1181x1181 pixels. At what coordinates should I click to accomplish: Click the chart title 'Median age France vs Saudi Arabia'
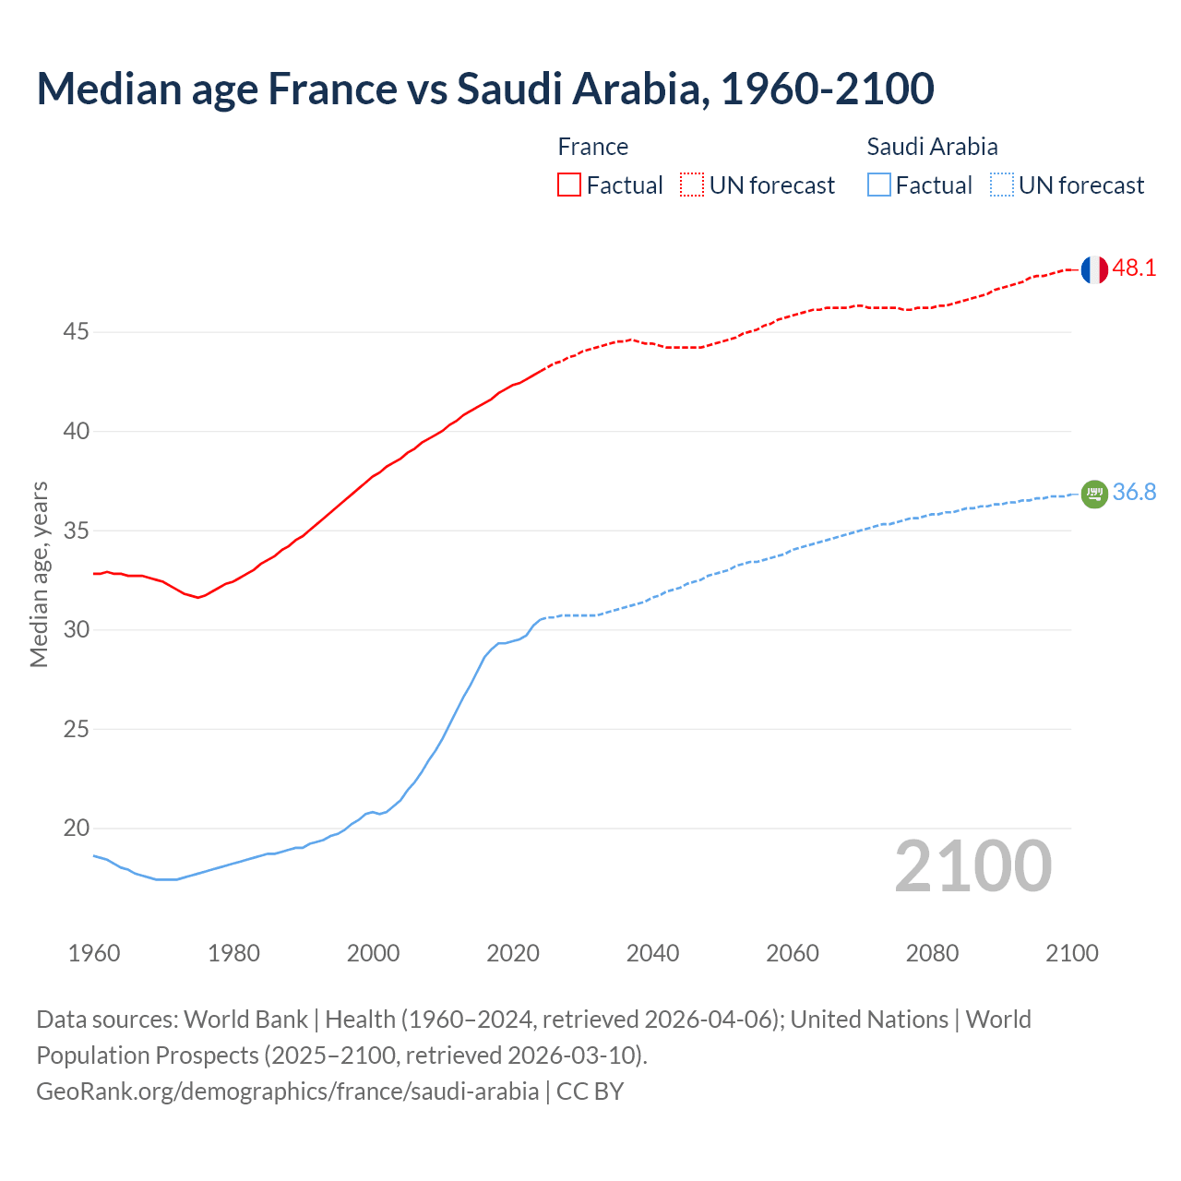(x=484, y=89)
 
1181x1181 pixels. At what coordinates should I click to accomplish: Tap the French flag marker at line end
(x=1093, y=269)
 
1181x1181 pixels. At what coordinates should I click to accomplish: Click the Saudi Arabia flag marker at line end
(x=1093, y=495)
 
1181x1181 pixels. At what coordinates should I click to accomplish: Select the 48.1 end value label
(x=1134, y=268)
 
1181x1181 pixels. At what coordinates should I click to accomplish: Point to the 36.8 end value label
(x=1134, y=493)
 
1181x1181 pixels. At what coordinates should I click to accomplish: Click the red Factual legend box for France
(x=569, y=185)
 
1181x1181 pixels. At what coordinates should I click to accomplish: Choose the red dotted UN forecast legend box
(x=692, y=185)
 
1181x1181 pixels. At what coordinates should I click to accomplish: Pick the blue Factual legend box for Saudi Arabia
(x=879, y=185)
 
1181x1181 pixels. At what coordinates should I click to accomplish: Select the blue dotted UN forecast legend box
(x=1002, y=185)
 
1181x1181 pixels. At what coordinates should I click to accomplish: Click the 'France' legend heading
(x=592, y=147)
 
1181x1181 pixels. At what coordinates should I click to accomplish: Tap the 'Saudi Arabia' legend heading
(x=932, y=147)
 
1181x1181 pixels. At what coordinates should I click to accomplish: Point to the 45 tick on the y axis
(x=76, y=331)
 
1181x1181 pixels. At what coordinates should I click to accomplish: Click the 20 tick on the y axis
(x=76, y=828)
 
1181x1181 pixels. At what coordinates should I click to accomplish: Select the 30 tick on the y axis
(x=76, y=629)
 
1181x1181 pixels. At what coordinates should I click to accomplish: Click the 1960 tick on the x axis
(x=94, y=953)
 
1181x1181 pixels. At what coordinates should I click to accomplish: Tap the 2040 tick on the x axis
(x=652, y=953)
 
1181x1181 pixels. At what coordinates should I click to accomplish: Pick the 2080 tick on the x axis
(x=932, y=953)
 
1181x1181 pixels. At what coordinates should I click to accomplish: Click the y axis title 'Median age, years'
(x=39, y=574)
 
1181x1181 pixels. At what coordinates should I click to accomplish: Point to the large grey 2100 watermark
(x=972, y=866)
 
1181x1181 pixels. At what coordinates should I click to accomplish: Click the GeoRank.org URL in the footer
(x=287, y=1092)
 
